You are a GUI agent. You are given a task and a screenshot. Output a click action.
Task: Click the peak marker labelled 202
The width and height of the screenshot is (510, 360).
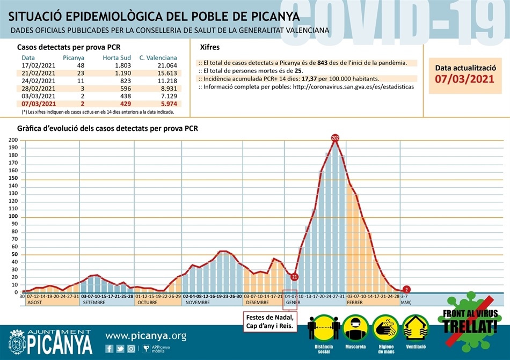[x=336, y=138]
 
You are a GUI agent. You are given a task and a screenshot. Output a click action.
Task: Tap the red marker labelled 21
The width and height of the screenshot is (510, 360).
[x=294, y=277]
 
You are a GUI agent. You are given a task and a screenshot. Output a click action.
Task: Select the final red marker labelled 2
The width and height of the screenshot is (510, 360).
[x=406, y=290]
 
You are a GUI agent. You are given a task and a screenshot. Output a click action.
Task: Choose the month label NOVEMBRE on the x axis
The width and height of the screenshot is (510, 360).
[x=198, y=303]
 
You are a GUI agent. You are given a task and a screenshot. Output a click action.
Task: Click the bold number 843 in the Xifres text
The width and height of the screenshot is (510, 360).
[x=323, y=63]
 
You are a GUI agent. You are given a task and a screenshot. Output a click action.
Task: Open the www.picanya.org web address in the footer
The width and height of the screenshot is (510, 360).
[x=145, y=336]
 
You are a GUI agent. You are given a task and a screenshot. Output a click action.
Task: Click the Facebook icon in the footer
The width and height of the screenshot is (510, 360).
[x=110, y=349]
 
